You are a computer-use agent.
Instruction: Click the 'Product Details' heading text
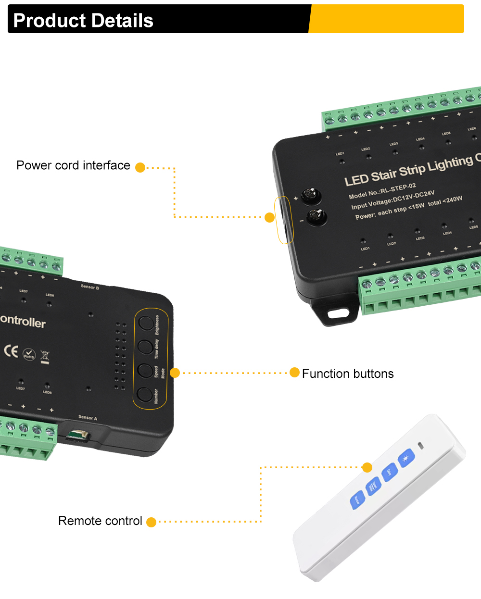pos(83,21)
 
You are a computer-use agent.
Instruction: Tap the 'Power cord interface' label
pos(73,165)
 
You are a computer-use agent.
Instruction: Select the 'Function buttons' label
pos(348,374)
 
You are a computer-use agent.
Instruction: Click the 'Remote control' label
pos(100,521)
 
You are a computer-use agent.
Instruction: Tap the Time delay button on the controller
pos(146,346)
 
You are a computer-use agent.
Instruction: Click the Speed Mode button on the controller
pos(145,370)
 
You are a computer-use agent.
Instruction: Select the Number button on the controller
pos(145,394)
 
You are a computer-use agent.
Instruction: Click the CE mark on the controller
pos(11,351)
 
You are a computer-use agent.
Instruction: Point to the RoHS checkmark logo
pos(29,355)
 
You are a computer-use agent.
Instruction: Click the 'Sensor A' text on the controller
pos(88,418)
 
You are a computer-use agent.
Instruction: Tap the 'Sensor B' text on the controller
pos(89,287)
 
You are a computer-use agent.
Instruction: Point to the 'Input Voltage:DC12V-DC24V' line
pos(392,200)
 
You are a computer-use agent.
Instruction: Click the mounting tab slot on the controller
pos(338,313)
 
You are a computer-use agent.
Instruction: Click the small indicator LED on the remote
pos(421,445)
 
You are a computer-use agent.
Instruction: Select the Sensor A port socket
pos(77,436)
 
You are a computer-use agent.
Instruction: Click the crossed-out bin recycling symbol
pos(45,357)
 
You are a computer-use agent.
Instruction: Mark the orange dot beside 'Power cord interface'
pos(140,167)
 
